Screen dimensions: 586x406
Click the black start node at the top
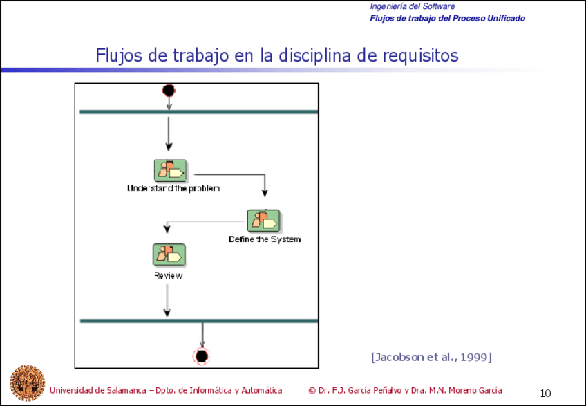169,91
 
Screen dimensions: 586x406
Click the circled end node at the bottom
201,356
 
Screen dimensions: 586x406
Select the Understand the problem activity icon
170,170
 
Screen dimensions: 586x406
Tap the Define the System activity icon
264,221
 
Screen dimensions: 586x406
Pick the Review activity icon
168,255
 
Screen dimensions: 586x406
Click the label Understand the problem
173,188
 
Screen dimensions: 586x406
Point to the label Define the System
265,239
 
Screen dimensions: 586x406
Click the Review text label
168,275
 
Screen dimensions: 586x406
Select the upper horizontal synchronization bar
199,111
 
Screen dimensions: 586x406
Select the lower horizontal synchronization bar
199,321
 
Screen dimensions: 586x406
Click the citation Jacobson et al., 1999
431,357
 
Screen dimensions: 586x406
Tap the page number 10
545,394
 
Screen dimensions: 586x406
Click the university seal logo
26,382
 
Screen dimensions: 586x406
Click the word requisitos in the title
420,55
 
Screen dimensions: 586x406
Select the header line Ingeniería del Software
412,6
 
